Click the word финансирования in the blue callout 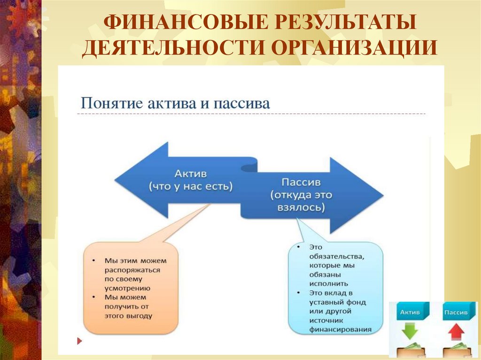340,329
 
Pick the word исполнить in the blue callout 329,283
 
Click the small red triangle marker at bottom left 79,340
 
